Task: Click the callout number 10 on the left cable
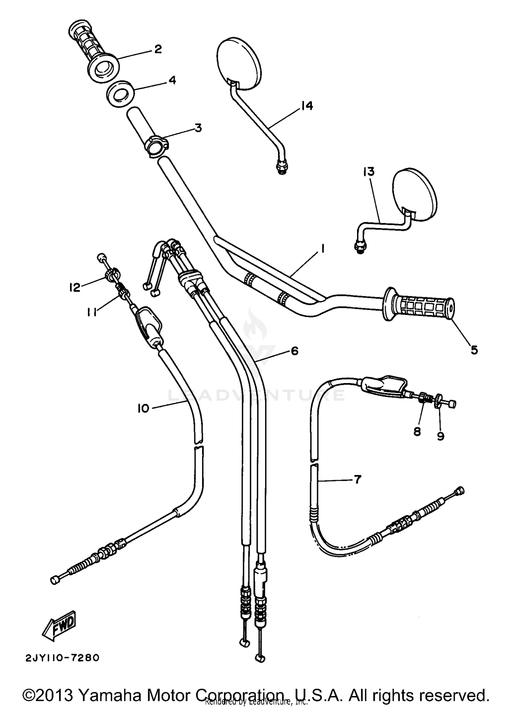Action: [144, 408]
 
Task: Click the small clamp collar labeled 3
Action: [156, 146]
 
